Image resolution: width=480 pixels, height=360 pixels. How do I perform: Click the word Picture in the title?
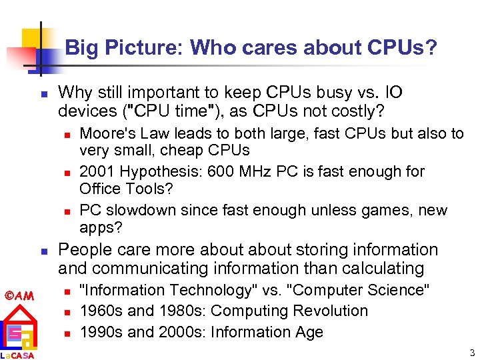pos(153,48)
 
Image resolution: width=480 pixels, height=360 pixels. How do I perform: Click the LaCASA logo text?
pos(18,355)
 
